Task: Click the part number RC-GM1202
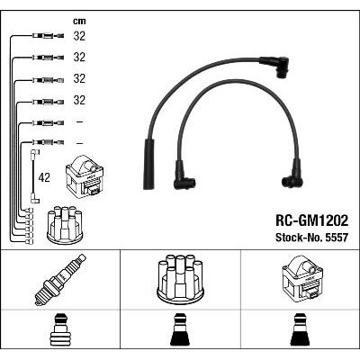[x=311, y=220]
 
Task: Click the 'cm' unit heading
[x=79, y=21]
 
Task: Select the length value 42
[x=44, y=177]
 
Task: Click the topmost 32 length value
[x=79, y=36]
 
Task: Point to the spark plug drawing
[x=60, y=280]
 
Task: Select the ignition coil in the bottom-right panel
[x=302, y=279]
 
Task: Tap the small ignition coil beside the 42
[x=85, y=175]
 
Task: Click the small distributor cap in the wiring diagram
[x=65, y=225]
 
